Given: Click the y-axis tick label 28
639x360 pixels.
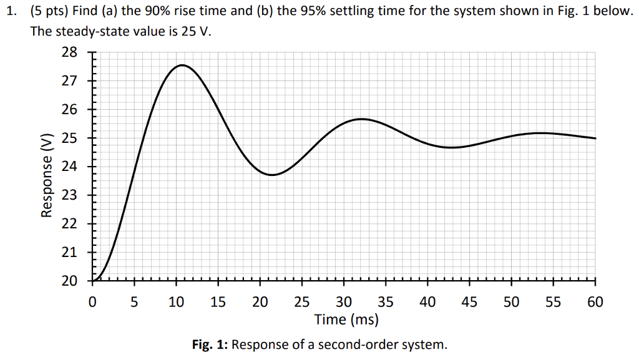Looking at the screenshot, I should [69, 52].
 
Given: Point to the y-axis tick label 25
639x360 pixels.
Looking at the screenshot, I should [69, 138].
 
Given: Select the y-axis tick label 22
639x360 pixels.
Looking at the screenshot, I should [69, 223].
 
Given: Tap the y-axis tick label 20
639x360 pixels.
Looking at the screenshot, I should [69, 281].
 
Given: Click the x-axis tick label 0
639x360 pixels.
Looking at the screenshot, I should [92, 303].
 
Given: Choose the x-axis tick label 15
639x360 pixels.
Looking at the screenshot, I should [218, 303].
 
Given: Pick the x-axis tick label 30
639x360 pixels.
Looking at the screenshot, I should [344, 303].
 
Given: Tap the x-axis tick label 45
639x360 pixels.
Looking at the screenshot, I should [469, 303].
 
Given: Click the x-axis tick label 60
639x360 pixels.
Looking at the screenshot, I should [595, 303].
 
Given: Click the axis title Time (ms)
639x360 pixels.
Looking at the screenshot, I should [346, 320].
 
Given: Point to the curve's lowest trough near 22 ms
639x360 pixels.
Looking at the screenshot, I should [273, 175].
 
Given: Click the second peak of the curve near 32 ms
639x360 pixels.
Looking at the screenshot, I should [361, 119].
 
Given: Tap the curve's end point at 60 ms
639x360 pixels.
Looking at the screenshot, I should [595, 139].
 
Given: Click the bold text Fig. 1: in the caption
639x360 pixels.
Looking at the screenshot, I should [212, 344].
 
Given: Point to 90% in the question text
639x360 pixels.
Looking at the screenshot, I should [142, 12].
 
